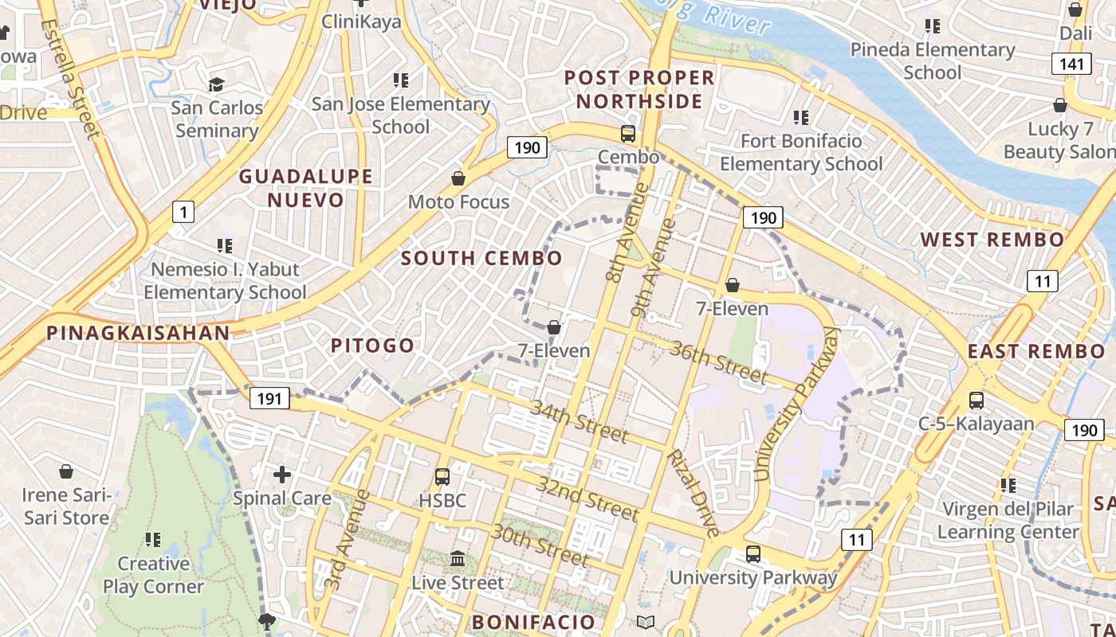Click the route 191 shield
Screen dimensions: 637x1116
(x=269, y=398)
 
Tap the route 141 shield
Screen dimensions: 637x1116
(x=1071, y=64)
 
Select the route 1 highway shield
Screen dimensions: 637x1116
(x=183, y=212)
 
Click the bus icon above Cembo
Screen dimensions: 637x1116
(x=628, y=134)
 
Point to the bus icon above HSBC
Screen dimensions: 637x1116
(x=442, y=477)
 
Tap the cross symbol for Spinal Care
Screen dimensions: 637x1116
(x=282, y=475)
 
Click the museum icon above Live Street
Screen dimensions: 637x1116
(x=458, y=559)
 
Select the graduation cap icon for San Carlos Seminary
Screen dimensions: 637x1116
(x=216, y=84)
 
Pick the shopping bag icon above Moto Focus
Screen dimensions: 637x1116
(x=458, y=178)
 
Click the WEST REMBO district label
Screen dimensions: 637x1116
(x=992, y=240)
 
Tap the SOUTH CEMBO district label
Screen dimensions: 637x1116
(x=481, y=258)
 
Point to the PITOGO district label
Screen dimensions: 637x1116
(x=373, y=346)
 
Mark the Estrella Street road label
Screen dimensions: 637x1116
(x=70, y=78)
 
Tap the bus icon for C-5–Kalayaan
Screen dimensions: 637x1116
(x=976, y=401)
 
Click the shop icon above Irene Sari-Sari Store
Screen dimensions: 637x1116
(x=66, y=472)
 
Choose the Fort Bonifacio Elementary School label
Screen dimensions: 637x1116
(x=801, y=152)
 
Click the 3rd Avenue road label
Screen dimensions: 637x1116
(x=348, y=540)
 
